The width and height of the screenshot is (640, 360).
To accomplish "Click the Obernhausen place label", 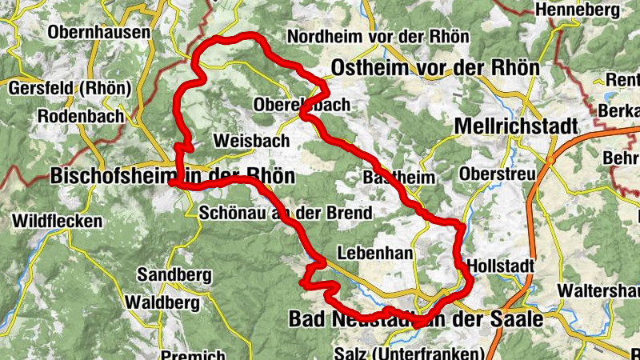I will click(99, 33).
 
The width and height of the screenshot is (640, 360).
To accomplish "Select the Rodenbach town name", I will click(81, 116).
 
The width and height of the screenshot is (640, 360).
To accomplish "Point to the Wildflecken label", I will click(57, 220).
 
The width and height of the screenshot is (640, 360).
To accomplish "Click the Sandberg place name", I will click(174, 275).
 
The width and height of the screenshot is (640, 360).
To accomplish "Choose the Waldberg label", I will click(162, 302).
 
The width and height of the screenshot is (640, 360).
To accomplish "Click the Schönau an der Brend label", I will click(285, 213).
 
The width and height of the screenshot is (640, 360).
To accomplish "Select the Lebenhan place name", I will click(374, 253).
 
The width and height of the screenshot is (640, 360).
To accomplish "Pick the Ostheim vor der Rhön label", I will click(435, 67).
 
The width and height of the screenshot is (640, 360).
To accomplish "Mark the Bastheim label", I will click(398, 177).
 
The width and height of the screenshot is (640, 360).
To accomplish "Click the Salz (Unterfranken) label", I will click(409, 353).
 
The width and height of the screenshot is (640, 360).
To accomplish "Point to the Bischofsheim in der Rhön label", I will click(172, 175).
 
